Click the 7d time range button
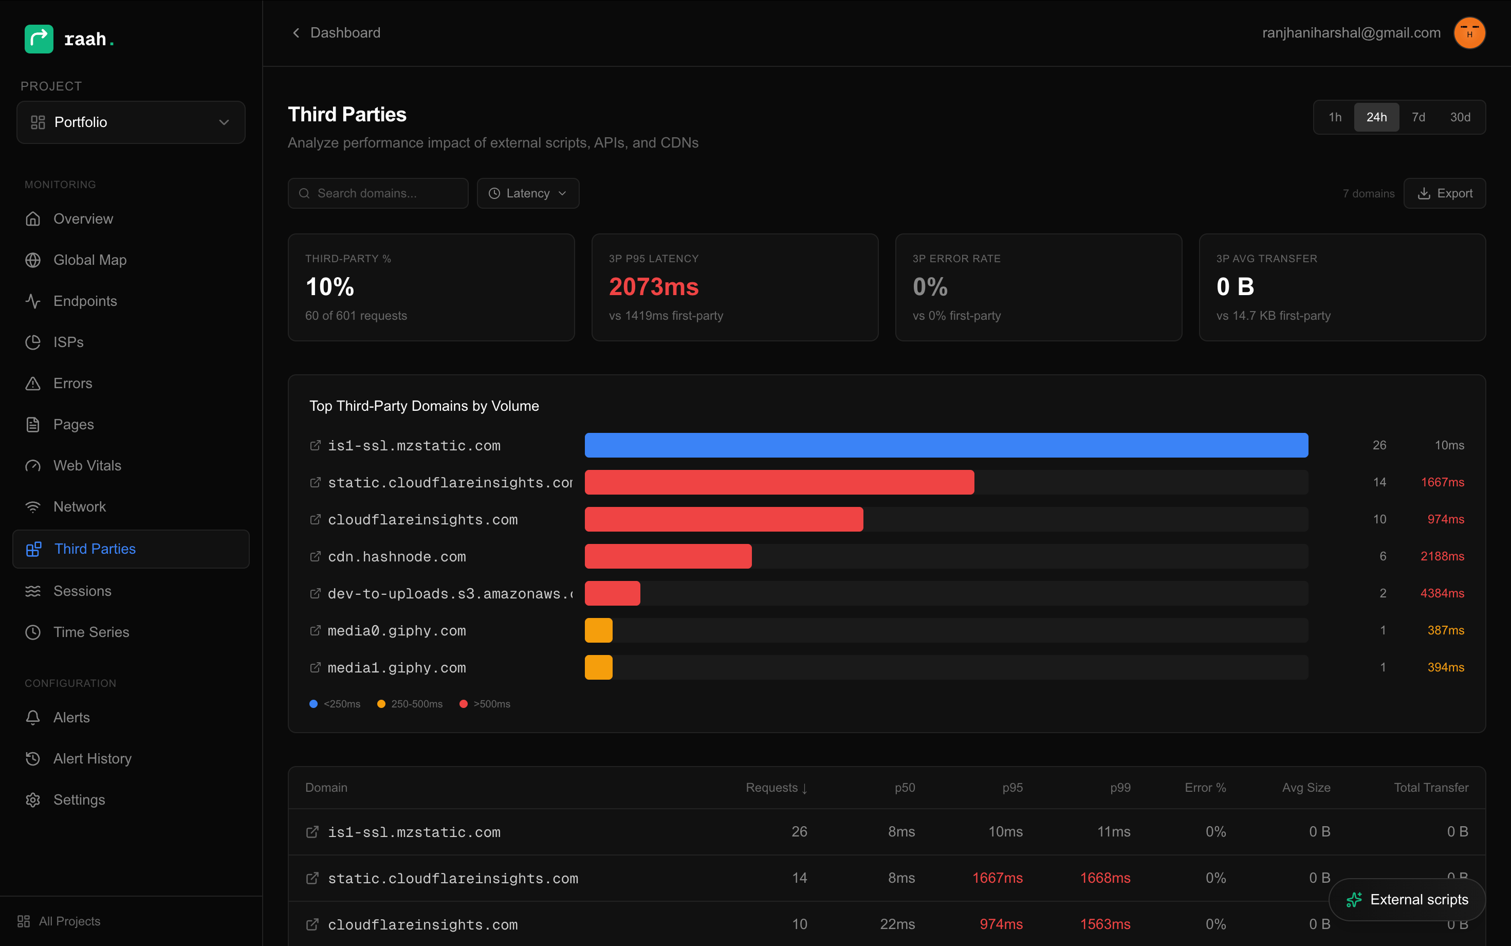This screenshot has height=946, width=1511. (1418, 117)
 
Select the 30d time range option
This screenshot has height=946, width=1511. (1460, 117)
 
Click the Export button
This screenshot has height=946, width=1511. (1444, 193)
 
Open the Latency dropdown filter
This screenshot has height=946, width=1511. (527, 193)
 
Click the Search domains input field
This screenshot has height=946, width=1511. (378, 193)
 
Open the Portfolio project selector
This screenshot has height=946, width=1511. (131, 122)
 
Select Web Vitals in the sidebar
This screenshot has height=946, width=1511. (87, 465)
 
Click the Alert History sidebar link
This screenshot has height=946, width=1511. (92, 758)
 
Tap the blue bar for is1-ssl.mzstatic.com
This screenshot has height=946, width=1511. (946, 445)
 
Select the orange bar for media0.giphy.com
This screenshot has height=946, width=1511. (598, 630)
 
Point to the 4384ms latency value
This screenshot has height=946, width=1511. (1442, 593)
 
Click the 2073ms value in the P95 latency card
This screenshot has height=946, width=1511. (654, 286)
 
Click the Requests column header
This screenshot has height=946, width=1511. (776, 788)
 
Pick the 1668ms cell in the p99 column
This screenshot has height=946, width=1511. (1104, 878)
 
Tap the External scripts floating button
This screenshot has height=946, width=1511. (1407, 899)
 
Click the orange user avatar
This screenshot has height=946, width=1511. (1469, 32)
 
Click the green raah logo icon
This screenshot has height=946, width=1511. (39, 39)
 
